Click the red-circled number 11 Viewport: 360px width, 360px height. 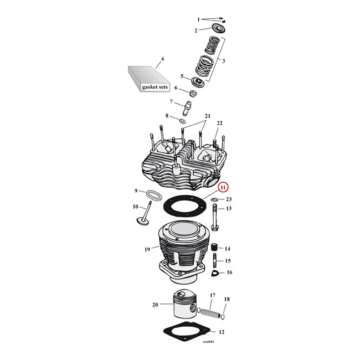[223, 188]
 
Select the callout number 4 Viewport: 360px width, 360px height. [162, 59]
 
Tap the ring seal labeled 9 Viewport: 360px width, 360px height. [153, 195]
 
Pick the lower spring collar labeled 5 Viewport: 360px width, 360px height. [196, 80]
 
